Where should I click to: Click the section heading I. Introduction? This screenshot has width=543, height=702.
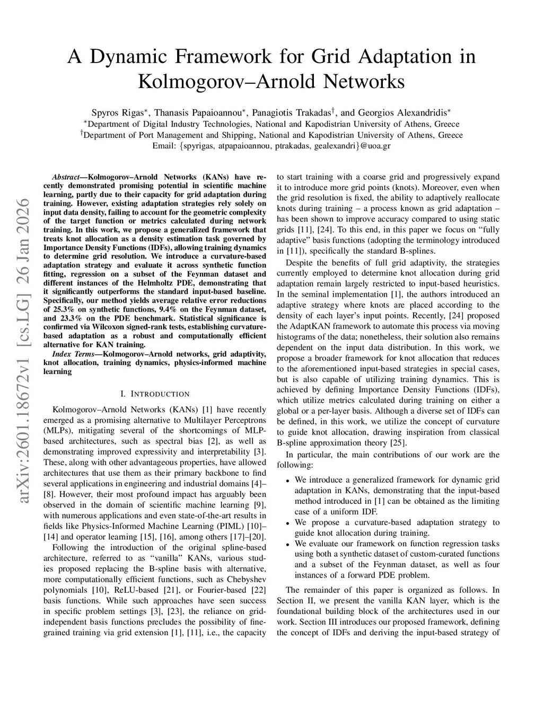click(155, 394)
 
